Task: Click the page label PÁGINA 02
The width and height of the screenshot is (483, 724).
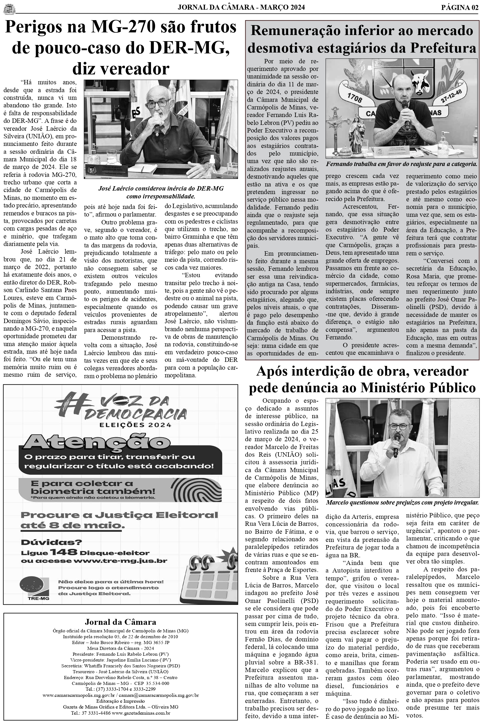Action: [460, 7]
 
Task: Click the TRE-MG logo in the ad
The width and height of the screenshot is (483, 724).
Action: [34, 588]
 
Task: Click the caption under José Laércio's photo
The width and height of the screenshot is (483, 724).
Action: [161, 192]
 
